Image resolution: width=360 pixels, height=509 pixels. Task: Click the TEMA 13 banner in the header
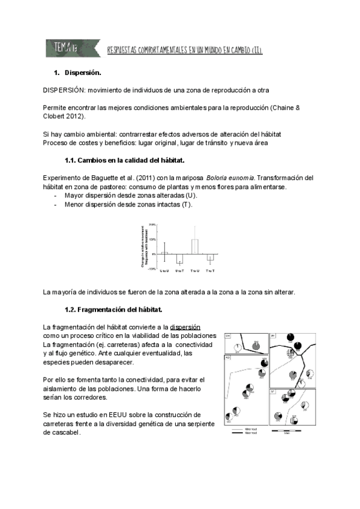coord(61,47)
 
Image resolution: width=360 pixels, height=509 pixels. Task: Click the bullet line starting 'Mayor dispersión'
coord(130,196)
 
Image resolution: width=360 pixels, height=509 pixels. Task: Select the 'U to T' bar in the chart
coord(179,258)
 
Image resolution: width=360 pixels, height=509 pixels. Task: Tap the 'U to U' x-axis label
coord(164,271)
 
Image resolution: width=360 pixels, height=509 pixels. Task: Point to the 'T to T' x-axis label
coord(210,271)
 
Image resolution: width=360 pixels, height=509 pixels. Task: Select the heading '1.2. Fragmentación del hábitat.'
coord(113,310)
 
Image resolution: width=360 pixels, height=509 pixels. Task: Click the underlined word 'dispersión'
coord(185,327)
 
